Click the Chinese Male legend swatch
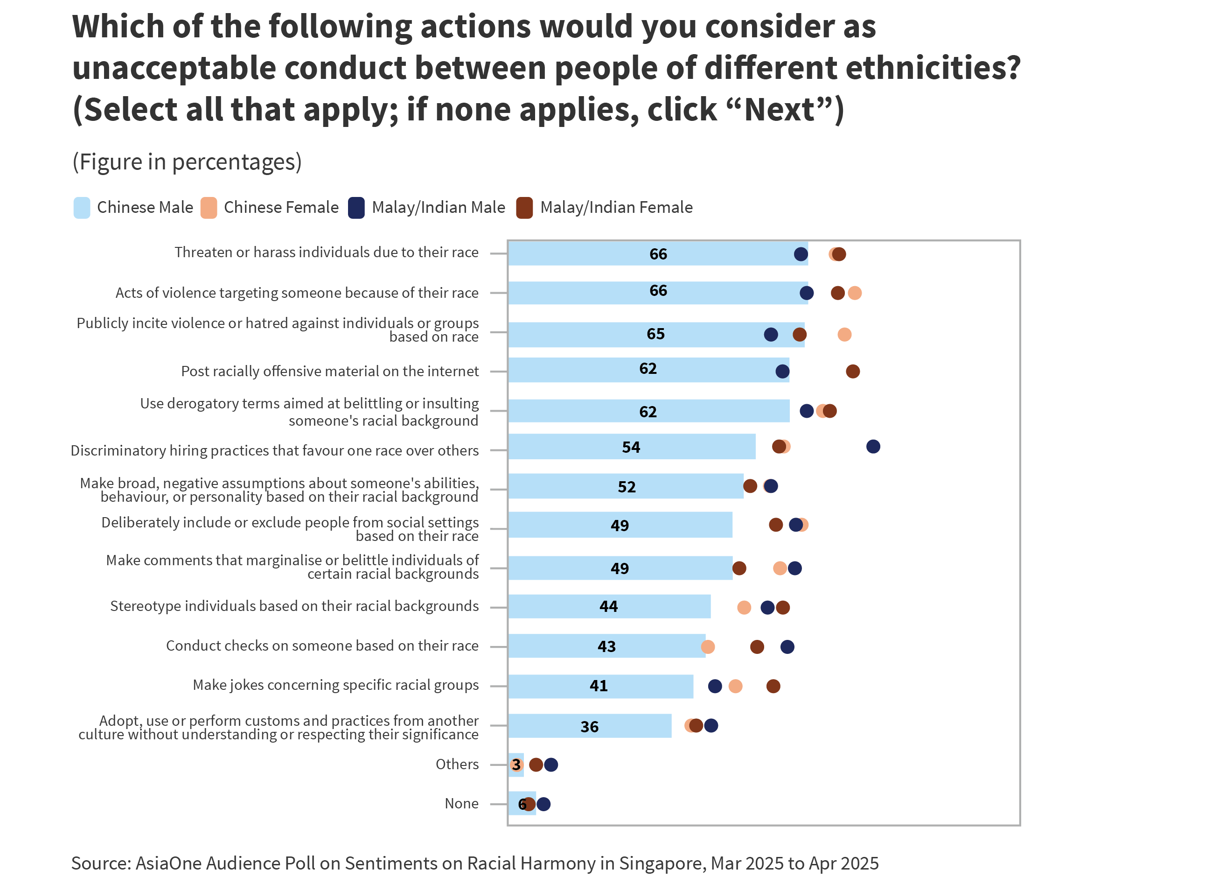pyautogui.click(x=82, y=208)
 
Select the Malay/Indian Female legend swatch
pyautogui.click(x=524, y=208)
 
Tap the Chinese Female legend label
pyautogui.click(x=281, y=208)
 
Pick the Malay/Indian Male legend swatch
pyautogui.click(x=356, y=208)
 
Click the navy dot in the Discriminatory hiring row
pyautogui.click(x=873, y=447)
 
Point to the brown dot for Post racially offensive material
pyautogui.click(x=852, y=371)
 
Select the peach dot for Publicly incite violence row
pyautogui.click(x=844, y=334)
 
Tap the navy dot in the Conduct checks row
pyautogui.click(x=787, y=647)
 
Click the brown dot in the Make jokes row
pyautogui.click(x=773, y=686)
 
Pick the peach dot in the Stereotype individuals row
pyautogui.click(x=744, y=608)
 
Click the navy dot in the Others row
pyautogui.click(x=551, y=765)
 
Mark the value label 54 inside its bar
pyautogui.click(x=631, y=447)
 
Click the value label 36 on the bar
pyautogui.click(x=589, y=727)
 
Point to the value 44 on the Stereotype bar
pyautogui.click(x=608, y=607)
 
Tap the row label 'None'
pyautogui.click(x=461, y=804)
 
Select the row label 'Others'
pyautogui.click(x=457, y=764)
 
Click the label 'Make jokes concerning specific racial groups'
pyautogui.click(x=335, y=685)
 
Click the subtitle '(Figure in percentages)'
pyautogui.click(x=187, y=162)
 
